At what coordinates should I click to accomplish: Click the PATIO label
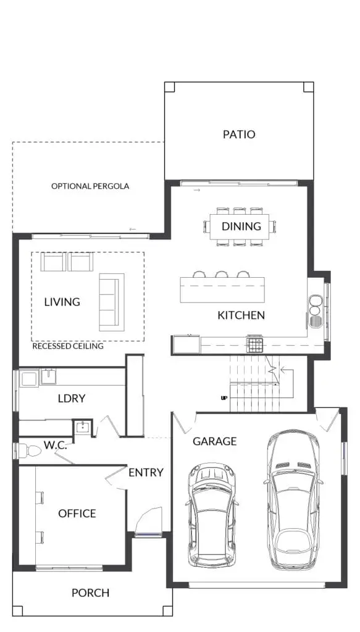point(239,134)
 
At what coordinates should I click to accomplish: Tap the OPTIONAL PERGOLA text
point(90,186)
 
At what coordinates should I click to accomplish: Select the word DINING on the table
point(241,226)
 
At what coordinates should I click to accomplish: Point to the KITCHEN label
point(241,315)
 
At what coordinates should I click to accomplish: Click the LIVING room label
point(62,301)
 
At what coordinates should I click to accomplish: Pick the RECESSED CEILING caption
point(68,346)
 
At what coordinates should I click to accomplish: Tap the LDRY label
point(72,398)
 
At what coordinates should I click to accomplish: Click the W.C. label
point(55,446)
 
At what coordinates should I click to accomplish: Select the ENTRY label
point(146,472)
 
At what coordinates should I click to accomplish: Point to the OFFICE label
point(77,513)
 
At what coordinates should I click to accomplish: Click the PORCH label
point(90,593)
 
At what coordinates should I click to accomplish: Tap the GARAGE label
point(214,441)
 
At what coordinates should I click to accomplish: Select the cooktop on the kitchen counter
point(255,344)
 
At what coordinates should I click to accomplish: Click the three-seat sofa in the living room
point(112,302)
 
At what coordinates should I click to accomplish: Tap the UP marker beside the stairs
point(224,398)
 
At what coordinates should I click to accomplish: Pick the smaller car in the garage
point(212,515)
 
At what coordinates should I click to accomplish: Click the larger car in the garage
point(293,499)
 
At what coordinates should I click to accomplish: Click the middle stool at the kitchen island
point(221,275)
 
